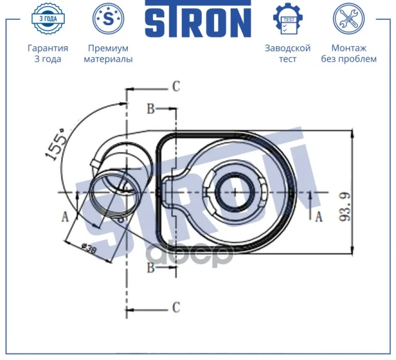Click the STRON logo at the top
click(198, 19)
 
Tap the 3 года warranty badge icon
click(48, 19)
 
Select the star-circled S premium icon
click(109, 19)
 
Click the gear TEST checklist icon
click(288, 19)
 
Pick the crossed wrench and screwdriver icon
click(349, 19)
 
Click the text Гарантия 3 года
click(48, 53)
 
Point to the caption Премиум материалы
click(109, 53)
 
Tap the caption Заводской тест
click(287, 53)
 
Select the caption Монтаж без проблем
click(349, 53)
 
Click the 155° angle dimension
click(55, 144)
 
